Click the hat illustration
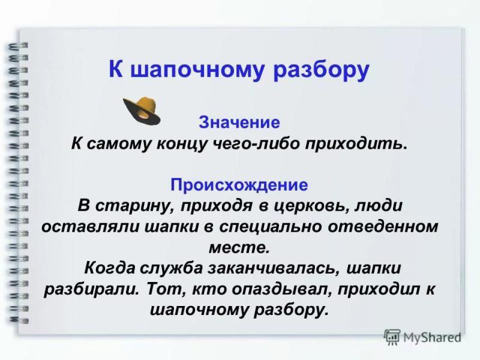[142, 110]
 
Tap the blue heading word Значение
[239, 122]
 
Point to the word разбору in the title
[321, 71]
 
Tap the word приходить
[356, 145]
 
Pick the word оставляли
[89, 227]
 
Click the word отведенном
[383, 227]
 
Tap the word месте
[239, 248]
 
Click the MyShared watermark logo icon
[392, 338]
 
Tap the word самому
[119, 144]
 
